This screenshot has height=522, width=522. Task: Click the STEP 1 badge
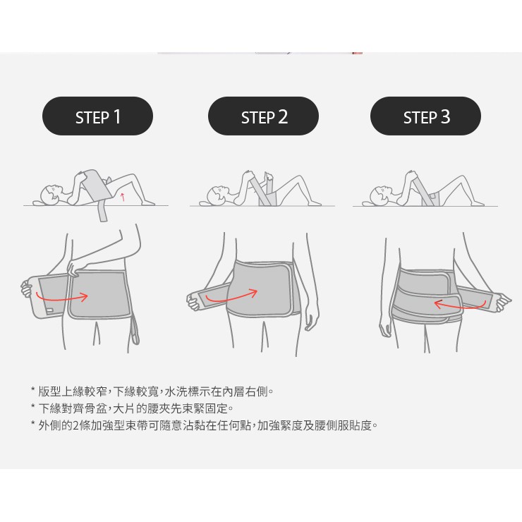pos(97,116)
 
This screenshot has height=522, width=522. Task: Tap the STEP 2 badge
pos(263,116)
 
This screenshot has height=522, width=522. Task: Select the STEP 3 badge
pos(425,116)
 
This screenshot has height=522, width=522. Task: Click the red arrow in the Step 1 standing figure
pos(61,297)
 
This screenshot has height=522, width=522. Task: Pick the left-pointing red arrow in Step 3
pos(459,306)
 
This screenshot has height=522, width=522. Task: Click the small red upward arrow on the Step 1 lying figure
pos(123,197)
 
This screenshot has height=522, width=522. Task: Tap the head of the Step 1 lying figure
pos(51,194)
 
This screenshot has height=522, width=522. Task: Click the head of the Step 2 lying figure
pos(217,195)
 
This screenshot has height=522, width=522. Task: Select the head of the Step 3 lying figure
pos(380,195)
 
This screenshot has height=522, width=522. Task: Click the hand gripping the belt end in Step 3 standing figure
pos(502,301)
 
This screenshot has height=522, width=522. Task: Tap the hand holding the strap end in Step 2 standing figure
pos(193,301)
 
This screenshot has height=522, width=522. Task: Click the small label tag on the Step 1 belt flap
pos(49,310)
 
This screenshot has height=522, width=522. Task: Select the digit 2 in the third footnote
pos(75,425)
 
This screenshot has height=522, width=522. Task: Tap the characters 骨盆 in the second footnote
pos(96,408)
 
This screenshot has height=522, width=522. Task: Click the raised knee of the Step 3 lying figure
pos(462,178)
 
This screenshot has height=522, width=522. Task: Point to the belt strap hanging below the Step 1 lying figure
pos(103,212)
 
